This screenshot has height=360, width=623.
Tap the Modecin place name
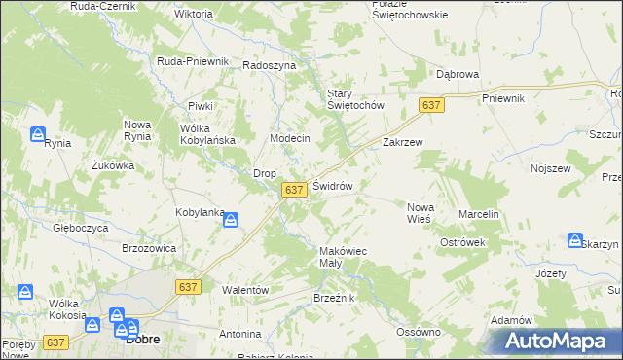[x=289, y=138]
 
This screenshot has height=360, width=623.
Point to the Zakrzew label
[x=403, y=141]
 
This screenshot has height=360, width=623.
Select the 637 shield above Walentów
[x=189, y=286]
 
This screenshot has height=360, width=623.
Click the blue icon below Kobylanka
[x=230, y=221]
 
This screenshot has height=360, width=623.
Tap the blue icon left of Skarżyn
[x=575, y=240]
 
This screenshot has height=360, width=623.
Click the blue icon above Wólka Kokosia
[x=25, y=290]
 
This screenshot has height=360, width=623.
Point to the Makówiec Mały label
[x=343, y=256]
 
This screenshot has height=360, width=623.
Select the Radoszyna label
[x=269, y=64]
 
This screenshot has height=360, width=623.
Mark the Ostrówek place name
[x=462, y=241]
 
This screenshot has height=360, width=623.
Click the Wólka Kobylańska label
[x=208, y=134]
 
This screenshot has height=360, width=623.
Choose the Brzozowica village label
[x=148, y=248]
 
